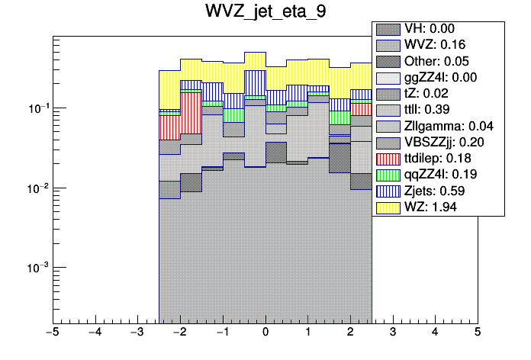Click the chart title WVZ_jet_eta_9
tap(265, 13)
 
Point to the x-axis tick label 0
tap(265, 333)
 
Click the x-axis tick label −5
tap(52, 333)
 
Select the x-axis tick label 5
tap(477, 333)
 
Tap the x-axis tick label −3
tap(137, 333)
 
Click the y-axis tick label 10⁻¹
tap(38, 108)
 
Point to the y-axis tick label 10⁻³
tap(38, 268)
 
